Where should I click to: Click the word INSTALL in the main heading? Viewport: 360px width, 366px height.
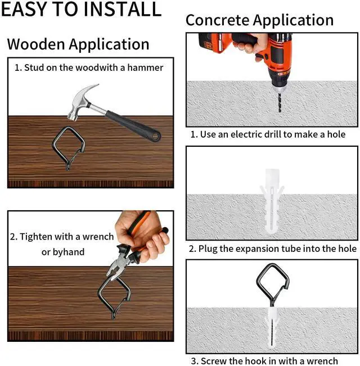pyautogui.click(x=122, y=9)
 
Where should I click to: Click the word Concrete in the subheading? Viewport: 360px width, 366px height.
pyautogui.click(x=218, y=20)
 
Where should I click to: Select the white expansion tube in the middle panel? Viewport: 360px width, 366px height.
pyautogui.click(x=272, y=201)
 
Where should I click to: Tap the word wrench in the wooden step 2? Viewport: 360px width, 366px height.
pyautogui.click(x=98, y=237)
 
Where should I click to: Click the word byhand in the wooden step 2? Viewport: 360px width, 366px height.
pyautogui.click(x=69, y=252)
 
